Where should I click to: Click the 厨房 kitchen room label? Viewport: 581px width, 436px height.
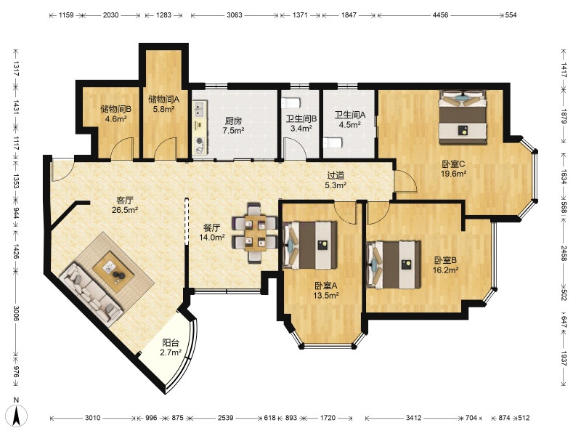233,121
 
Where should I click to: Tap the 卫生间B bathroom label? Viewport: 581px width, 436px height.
301,118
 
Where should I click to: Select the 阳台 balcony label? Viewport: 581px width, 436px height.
171,343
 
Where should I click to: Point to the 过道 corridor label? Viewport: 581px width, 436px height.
336,175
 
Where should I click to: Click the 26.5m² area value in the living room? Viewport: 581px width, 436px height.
125,210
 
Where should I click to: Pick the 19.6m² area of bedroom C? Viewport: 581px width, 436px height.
453,173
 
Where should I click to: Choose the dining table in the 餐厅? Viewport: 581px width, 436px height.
256,233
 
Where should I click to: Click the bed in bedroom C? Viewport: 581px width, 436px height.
463,117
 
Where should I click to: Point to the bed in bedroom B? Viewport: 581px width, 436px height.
394,265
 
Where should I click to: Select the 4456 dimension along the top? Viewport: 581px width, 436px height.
440,15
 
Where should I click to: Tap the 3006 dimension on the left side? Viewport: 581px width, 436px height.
15,313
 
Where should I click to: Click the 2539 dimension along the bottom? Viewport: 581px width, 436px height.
225,418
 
